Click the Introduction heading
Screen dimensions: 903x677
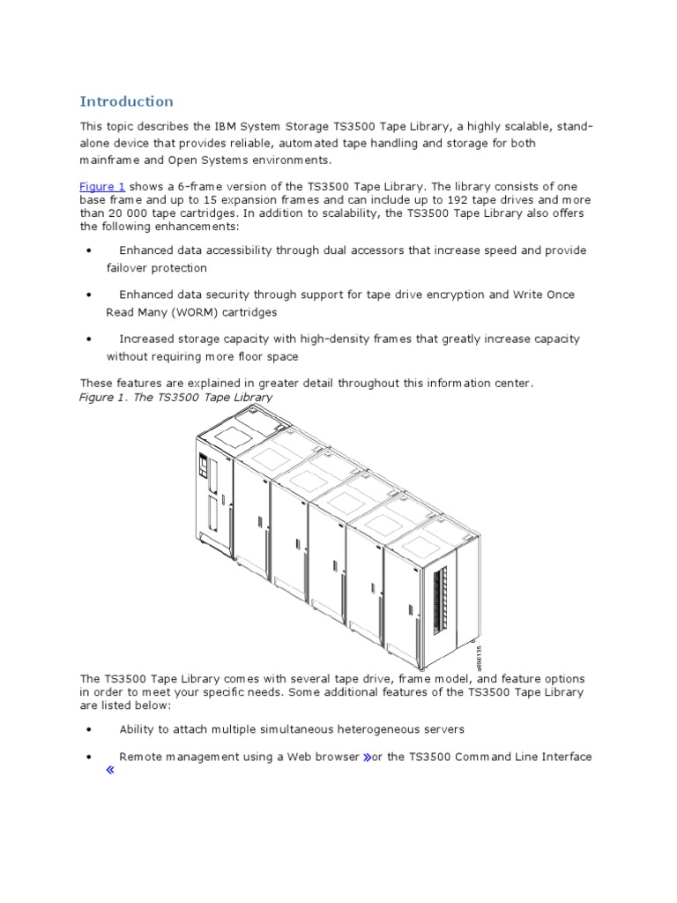[127, 101]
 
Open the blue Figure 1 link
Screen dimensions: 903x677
[102, 186]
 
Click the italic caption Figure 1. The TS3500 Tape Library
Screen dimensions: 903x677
[176, 398]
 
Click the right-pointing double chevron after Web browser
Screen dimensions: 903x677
[365, 757]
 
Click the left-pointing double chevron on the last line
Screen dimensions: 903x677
[111, 771]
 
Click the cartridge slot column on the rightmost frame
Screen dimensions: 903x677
[442, 599]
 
